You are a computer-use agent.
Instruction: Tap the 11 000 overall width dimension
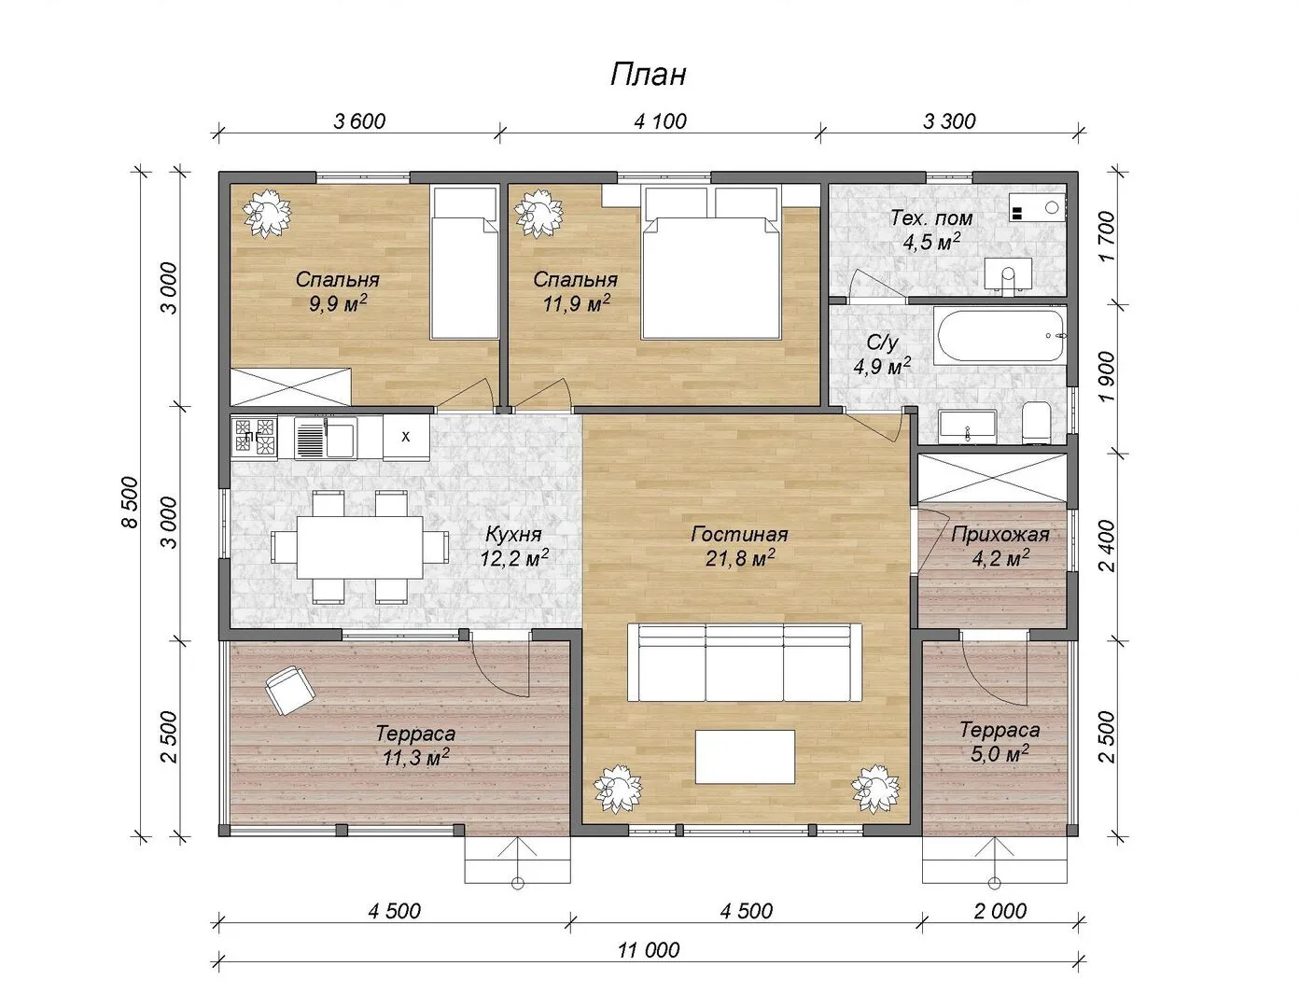pos(650,949)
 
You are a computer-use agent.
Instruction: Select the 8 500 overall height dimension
pos(130,502)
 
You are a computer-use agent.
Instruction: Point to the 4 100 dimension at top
pos(660,121)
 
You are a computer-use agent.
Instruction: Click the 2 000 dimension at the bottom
pos(999,911)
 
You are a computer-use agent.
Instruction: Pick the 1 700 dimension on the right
pos(1107,237)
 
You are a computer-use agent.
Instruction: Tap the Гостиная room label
pos(739,534)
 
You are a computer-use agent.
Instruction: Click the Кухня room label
pos(513,534)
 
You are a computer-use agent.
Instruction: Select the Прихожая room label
pos(1000,534)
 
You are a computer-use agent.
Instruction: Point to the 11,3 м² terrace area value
pos(416,758)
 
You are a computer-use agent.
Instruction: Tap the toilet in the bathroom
pos(1037,423)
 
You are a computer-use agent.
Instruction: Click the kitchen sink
pos(326,438)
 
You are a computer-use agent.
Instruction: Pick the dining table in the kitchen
pos(359,547)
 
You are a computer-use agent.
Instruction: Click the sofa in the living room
pos(744,663)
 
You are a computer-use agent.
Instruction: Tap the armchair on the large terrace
pos(289,691)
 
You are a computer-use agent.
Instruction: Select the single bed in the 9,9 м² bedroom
pos(465,262)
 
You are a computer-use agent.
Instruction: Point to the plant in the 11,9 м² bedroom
pos(539,213)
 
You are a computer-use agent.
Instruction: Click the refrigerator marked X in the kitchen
pos(406,438)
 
